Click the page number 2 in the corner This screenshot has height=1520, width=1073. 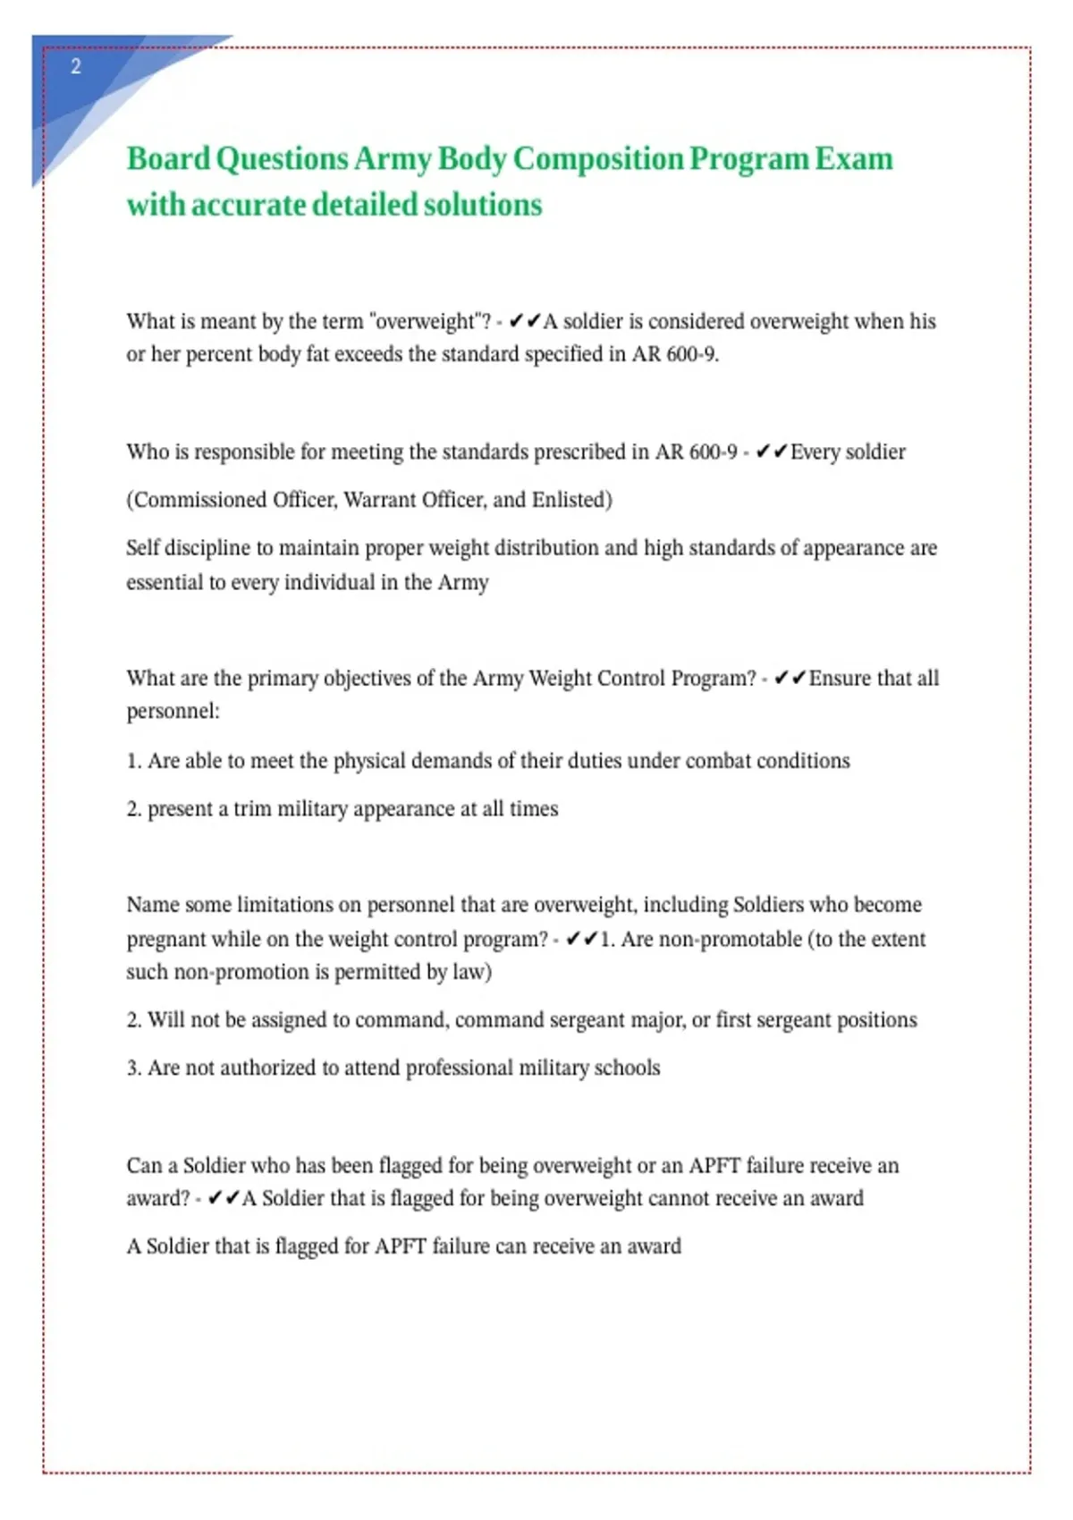(76, 66)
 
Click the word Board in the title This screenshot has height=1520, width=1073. (168, 159)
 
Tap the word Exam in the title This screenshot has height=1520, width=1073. (853, 159)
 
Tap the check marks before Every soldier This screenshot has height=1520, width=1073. (771, 452)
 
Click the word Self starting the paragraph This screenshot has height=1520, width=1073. (143, 548)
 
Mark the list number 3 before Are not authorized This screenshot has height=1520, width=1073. (132, 1068)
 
